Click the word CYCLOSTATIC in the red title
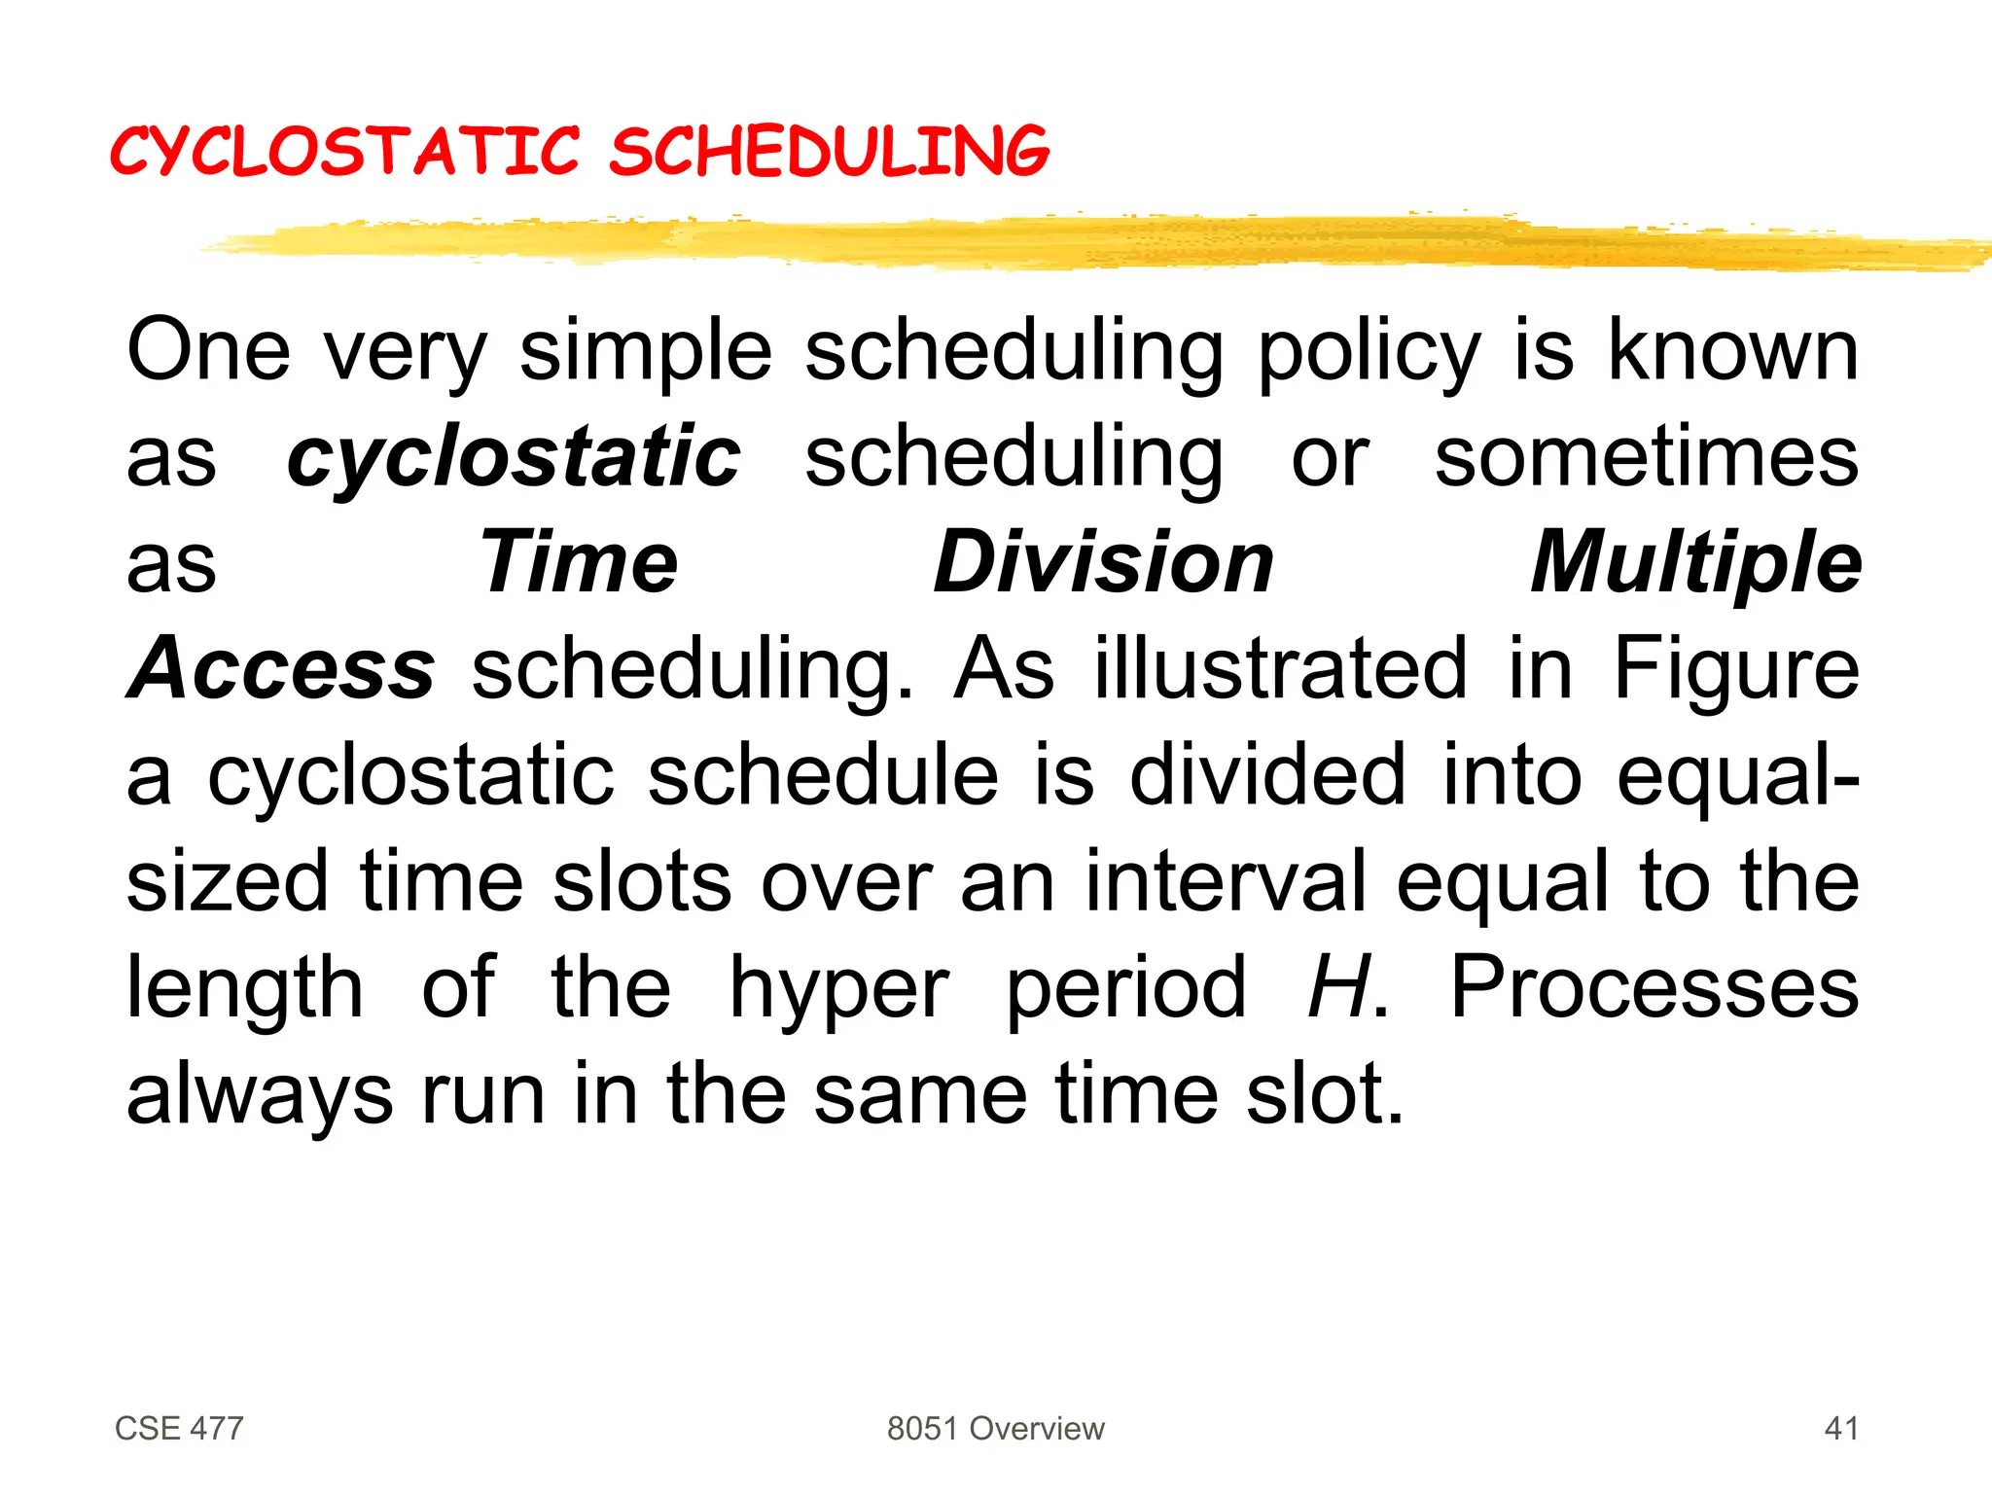(x=345, y=153)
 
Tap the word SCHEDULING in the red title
(x=830, y=153)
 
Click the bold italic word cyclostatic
(x=514, y=457)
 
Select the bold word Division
(x=1103, y=563)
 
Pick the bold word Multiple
(x=1695, y=563)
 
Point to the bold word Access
(x=281, y=669)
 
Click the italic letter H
(x=1338, y=987)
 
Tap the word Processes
(x=1654, y=987)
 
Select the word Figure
(x=1735, y=669)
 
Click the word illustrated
(x=1280, y=669)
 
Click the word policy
(x=1369, y=352)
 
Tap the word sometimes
(x=1646, y=457)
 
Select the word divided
(x=1266, y=775)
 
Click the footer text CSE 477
(x=179, y=1428)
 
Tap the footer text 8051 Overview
(x=995, y=1428)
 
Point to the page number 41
(x=1841, y=1428)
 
